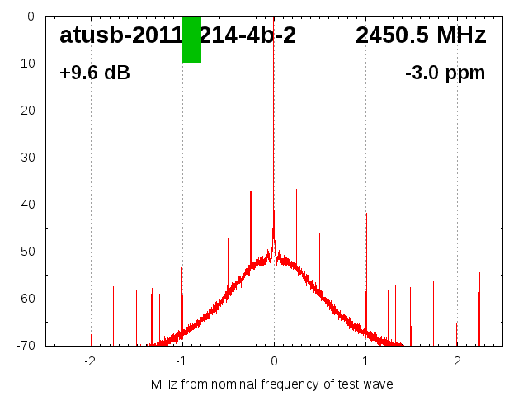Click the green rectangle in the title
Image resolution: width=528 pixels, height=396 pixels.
191,40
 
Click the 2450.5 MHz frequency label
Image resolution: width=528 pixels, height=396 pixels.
421,35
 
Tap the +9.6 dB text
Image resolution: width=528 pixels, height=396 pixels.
95,73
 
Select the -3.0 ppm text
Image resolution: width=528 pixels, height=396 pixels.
445,73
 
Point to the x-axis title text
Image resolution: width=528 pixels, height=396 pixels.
271,384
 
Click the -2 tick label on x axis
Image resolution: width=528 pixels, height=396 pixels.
90,361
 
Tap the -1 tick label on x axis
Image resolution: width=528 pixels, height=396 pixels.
181,361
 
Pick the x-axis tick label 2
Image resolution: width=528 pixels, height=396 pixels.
457,361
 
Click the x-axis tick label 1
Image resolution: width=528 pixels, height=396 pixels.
365,361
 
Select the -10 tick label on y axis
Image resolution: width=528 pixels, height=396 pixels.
24,64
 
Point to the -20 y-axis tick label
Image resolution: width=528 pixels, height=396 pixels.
24,111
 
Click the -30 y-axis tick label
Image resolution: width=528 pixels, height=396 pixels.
24,158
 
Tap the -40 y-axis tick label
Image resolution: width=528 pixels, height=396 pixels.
24,205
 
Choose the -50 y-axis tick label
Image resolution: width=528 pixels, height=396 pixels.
24,252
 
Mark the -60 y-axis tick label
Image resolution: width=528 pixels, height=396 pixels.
24,299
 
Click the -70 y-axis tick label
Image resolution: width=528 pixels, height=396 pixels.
24,346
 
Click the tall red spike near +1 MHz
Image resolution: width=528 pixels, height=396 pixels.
366,247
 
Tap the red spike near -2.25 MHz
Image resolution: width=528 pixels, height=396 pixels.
68,313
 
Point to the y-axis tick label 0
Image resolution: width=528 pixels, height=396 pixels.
30,16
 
